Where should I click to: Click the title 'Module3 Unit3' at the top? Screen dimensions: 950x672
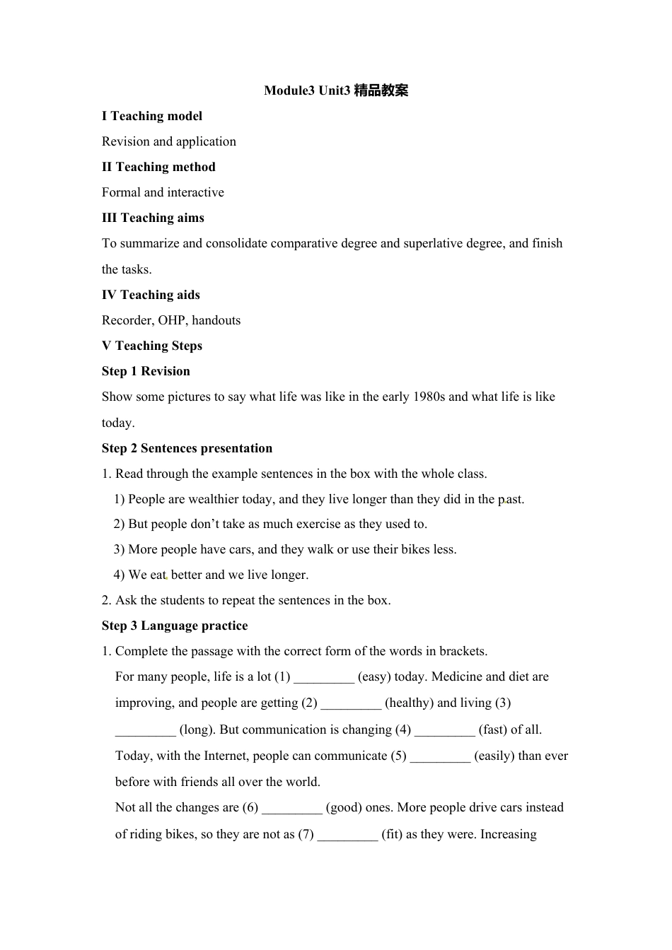coord(307,90)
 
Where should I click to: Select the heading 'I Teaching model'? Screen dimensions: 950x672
coord(152,116)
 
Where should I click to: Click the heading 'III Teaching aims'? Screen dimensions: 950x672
coord(153,218)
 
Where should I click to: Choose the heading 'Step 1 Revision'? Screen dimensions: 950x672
coord(146,371)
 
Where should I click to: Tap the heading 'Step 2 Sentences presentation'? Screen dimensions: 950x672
coord(187,448)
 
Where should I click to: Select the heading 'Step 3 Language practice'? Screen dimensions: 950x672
coord(175,626)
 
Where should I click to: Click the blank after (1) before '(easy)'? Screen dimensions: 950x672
coord(324,677)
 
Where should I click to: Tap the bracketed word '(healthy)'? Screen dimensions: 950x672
coord(409,703)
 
